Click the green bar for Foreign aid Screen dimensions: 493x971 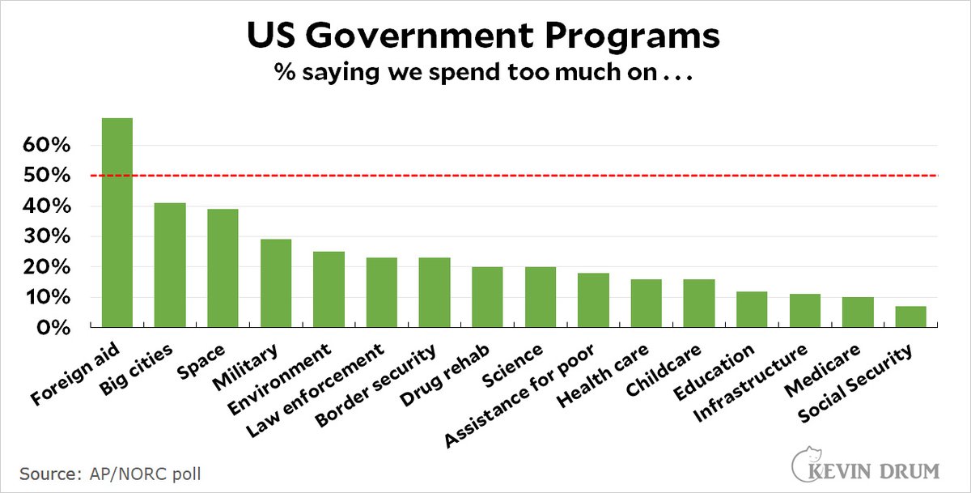point(117,223)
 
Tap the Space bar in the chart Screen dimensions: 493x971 point(223,268)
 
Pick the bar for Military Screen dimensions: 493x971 point(276,283)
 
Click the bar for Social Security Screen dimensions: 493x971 point(910,317)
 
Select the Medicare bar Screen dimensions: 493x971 point(858,312)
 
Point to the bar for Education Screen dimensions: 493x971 point(752,309)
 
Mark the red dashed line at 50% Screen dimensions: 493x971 point(566,176)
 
